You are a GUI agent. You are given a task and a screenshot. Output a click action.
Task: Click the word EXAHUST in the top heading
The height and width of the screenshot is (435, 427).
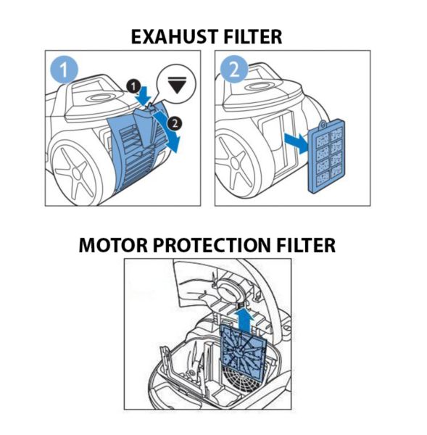coord(175,37)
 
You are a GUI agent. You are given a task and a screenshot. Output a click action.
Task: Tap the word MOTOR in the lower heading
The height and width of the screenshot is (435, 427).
coord(113,245)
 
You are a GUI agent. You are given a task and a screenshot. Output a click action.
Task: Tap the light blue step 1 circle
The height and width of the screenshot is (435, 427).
coord(64,70)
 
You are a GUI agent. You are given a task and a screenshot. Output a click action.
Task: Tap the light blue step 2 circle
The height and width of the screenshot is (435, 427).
coord(234,70)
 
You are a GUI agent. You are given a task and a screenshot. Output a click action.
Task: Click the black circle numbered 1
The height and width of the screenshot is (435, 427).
coord(133,86)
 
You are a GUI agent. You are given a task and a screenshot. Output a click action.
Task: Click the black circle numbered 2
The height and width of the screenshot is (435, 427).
coord(175,123)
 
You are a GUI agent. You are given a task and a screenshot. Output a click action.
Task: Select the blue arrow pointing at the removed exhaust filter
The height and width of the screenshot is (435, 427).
coord(297,143)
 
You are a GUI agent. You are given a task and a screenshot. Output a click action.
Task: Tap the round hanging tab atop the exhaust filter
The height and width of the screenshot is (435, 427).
coord(323,124)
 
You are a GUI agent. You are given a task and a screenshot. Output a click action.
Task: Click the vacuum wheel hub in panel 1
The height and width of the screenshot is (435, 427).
coord(76,173)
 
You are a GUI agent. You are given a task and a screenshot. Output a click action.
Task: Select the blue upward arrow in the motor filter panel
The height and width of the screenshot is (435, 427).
coord(244,320)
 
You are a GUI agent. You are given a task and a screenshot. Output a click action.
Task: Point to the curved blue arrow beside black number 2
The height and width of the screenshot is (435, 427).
coord(169,131)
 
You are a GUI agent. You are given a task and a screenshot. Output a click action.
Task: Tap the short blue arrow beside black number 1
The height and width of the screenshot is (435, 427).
coord(143,96)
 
